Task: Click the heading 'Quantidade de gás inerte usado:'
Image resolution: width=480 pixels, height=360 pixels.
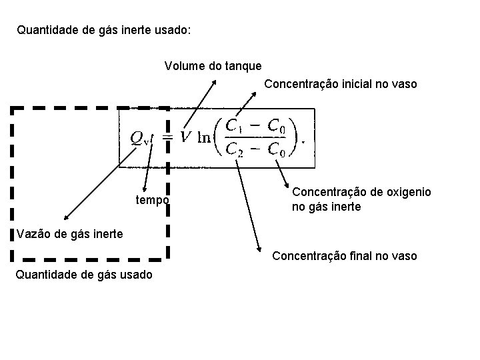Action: click(x=103, y=30)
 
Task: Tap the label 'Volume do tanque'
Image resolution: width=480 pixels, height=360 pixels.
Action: click(x=213, y=66)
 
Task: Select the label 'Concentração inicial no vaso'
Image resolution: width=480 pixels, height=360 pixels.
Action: click(x=341, y=84)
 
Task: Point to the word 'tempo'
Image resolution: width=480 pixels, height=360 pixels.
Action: click(x=153, y=200)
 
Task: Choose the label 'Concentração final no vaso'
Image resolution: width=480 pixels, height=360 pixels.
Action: click(x=345, y=256)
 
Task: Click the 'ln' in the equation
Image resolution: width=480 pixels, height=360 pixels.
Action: click(x=204, y=137)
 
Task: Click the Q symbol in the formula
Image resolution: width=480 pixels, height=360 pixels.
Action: click(x=136, y=137)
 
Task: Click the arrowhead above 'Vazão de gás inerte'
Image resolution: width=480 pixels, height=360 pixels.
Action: click(x=65, y=218)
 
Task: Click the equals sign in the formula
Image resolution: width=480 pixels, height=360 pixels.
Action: click(x=168, y=137)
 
